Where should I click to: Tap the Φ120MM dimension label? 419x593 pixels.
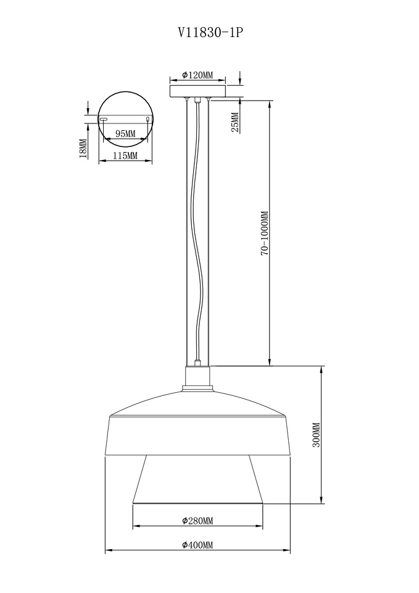click(x=197, y=75)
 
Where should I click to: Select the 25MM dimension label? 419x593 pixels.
click(x=235, y=122)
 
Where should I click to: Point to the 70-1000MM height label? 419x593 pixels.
click(x=265, y=233)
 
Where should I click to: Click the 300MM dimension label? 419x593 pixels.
click(x=316, y=435)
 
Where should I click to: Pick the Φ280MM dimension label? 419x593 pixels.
click(x=197, y=521)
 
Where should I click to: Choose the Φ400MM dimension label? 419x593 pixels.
click(x=197, y=545)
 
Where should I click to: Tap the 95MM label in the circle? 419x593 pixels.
click(x=125, y=133)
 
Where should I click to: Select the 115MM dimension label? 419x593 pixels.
click(x=125, y=155)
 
